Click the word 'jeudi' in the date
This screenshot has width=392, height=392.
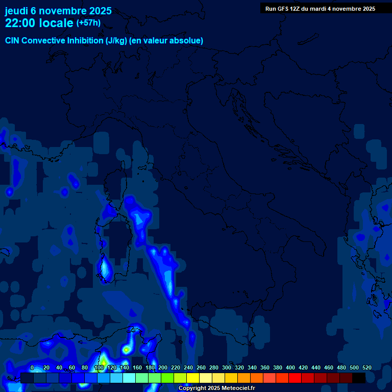(16, 11)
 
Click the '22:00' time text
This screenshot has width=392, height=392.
(20, 23)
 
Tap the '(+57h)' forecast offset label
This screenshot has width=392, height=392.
(88, 23)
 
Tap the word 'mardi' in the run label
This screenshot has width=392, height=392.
(323, 9)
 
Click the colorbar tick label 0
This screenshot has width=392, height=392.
(32, 368)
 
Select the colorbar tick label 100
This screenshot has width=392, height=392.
(100, 368)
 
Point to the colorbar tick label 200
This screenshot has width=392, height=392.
(163, 368)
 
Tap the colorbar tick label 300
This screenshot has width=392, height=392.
(227, 368)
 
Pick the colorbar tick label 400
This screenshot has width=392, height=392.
(290, 368)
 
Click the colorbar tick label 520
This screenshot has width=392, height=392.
(366, 368)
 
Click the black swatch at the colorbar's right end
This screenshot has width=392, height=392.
(359, 378)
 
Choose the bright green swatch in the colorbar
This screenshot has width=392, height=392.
(167, 378)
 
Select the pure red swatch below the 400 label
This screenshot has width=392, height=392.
(295, 378)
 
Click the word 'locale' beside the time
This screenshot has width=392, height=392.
(56, 23)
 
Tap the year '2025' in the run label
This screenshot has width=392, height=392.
(367, 9)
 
